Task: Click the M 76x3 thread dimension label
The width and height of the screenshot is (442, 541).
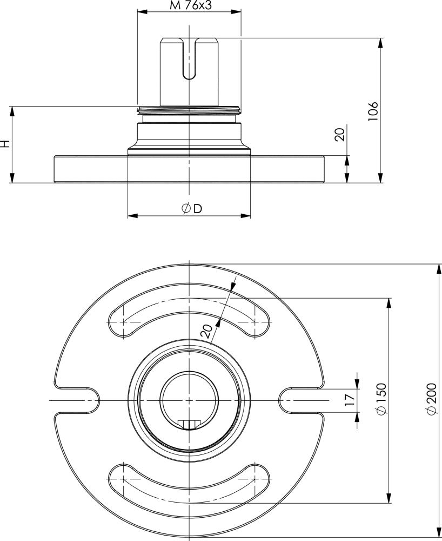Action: coord(189,5)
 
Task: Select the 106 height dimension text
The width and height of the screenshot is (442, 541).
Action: coord(373,111)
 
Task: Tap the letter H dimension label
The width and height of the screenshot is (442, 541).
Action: coord(5,144)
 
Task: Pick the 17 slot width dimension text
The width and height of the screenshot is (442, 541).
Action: coord(350,400)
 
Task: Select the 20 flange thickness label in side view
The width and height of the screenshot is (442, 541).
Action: coord(340,135)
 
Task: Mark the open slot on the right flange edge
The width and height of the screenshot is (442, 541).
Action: coord(300,400)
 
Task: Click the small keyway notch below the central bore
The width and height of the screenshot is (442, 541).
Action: coord(189,424)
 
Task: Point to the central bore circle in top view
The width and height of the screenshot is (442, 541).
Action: coord(189,399)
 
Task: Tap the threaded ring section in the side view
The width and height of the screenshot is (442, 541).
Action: coord(189,110)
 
